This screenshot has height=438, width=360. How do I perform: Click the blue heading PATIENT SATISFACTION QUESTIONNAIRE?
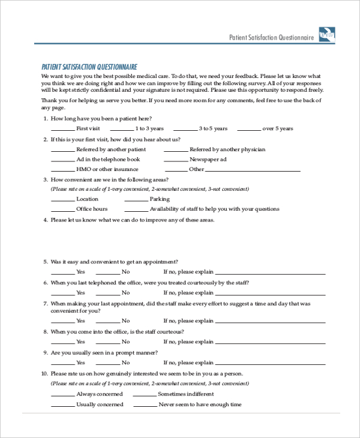pyautogui.click(x=89, y=67)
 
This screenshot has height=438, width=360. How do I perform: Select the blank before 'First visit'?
pyautogui.click(x=62, y=129)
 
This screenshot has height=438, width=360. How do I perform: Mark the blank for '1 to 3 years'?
pyautogui.click(x=122, y=129)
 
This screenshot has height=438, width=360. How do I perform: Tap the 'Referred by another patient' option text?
pyautogui.click(x=111, y=149)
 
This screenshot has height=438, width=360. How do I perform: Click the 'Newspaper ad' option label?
pyautogui.click(x=208, y=160)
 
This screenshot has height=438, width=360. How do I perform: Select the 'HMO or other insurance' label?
pyautogui.click(x=107, y=169)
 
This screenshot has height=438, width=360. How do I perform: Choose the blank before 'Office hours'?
pyautogui.click(x=62, y=209)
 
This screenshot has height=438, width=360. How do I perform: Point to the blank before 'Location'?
pyautogui.click(x=62, y=199)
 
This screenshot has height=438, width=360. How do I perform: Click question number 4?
pyautogui.click(x=46, y=220)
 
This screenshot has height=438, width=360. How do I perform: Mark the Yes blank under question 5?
pyautogui.click(x=62, y=272)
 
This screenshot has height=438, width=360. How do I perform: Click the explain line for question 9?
pyautogui.click(x=271, y=363)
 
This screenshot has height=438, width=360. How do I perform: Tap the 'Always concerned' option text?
pyautogui.click(x=100, y=394)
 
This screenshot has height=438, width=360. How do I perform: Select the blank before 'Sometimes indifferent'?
pyautogui.click(x=144, y=394)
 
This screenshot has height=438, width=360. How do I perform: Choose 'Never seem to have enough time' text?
pyautogui.click(x=200, y=404)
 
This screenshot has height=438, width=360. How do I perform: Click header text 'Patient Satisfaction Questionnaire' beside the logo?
pyautogui.click(x=272, y=37)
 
